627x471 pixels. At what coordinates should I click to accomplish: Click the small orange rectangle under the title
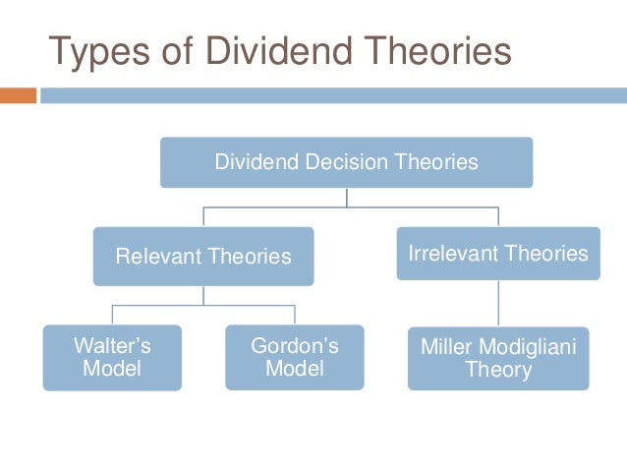point(18,95)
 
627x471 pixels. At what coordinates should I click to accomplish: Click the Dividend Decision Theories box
point(346,162)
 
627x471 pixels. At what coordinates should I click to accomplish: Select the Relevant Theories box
point(203,257)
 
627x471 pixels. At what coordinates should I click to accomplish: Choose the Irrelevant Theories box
point(498,254)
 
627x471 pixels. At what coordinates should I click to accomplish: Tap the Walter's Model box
point(112,357)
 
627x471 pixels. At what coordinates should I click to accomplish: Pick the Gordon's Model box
point(294,357)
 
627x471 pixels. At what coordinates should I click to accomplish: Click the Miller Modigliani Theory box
point(498,358)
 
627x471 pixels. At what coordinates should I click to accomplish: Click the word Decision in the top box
point(346,162)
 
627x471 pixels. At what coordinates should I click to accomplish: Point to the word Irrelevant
point(451,254)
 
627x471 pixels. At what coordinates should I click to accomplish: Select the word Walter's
point(112,346)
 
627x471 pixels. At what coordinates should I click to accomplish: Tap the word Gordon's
point(294,346)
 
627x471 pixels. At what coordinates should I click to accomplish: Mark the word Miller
point(445,347)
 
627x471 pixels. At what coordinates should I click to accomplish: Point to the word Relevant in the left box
point(158,258)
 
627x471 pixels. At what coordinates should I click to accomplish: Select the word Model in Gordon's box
point(294,369)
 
